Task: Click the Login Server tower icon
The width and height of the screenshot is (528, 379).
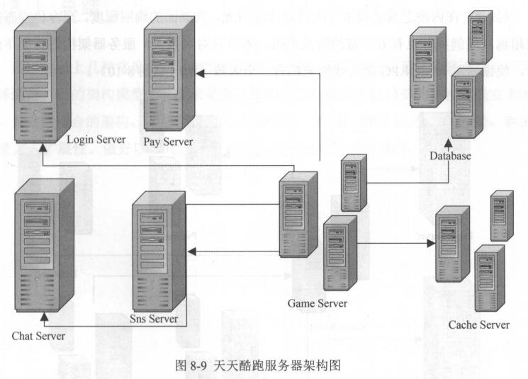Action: click(x=44, y=70)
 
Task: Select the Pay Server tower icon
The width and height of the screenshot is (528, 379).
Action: click(x=169, y=64)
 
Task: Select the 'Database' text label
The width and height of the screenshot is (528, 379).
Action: click(x=450, y=155)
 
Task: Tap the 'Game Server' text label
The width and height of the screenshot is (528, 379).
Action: click(x=318, y=303)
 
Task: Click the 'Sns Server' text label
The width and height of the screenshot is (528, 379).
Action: click(x=154, y=319)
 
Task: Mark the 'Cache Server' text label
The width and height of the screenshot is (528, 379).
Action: click(x=478, y=325)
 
